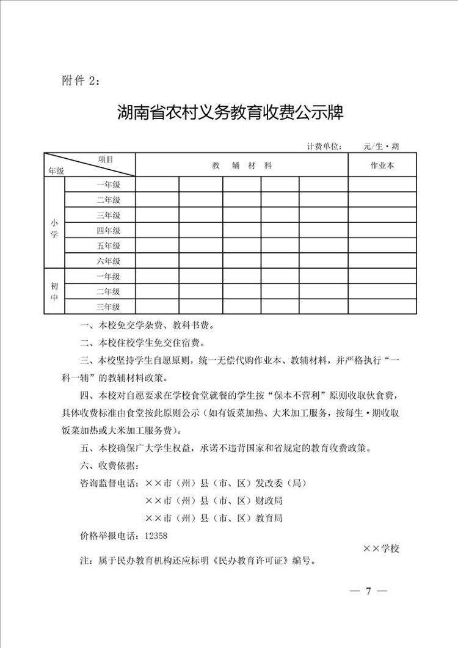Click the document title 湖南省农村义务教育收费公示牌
[230, 113]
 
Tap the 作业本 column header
[382, 165]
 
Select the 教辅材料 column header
[242, 165]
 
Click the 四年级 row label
[108, 230]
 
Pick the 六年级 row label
[108, 261]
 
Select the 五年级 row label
[108, 246]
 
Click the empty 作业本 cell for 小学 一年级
[382, 184]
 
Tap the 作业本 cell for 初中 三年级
[382, 307]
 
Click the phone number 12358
[156, 534]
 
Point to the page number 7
[368, 591]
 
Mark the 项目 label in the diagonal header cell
[106, 159]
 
